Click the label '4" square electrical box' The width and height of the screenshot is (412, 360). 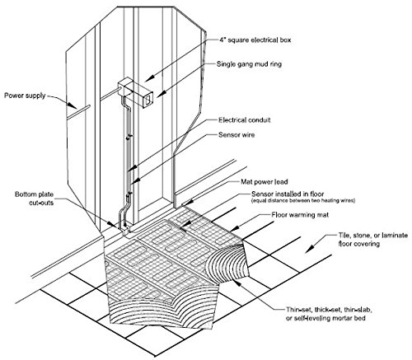pyautogui.click(x=255, y=40)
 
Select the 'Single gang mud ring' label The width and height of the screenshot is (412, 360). pyautogui.click(x=249, y=64)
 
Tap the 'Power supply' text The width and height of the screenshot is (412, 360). pyautogui.click(x=25, y=96)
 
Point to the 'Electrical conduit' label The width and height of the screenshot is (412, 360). pyautogui.click(x=245, y=120)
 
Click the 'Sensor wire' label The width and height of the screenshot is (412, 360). pyautogui.click(x=236, y=135)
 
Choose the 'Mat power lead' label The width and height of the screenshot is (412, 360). pyautogui.click(x=265, y=182)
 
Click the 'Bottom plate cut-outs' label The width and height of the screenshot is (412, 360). pyautogui.click(x=34, y=199)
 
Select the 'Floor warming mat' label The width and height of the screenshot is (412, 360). pyautogui.click(x=300, y=214)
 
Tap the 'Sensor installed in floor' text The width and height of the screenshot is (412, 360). pyautogui.click(x=288, y=194)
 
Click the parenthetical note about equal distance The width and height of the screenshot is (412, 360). pyautogui.click(x=303, y=201)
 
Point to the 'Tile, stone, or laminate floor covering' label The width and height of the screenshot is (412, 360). pyautogui.click(x=372, y=239)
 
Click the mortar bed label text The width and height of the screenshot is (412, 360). pyautogui.click(x=329, y=314)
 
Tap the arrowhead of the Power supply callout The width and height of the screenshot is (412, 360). pyautogui.click(x=73, y=105)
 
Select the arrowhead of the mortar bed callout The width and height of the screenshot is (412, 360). pyautogui.click(x=236, y=282)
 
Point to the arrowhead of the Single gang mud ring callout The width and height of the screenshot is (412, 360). pyautogui.click(x=162, y=95)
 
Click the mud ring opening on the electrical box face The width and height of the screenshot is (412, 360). pyautogui.click(x=148, y=100)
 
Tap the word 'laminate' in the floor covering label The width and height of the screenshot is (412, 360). pyautogui.click(x=393, y=236)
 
